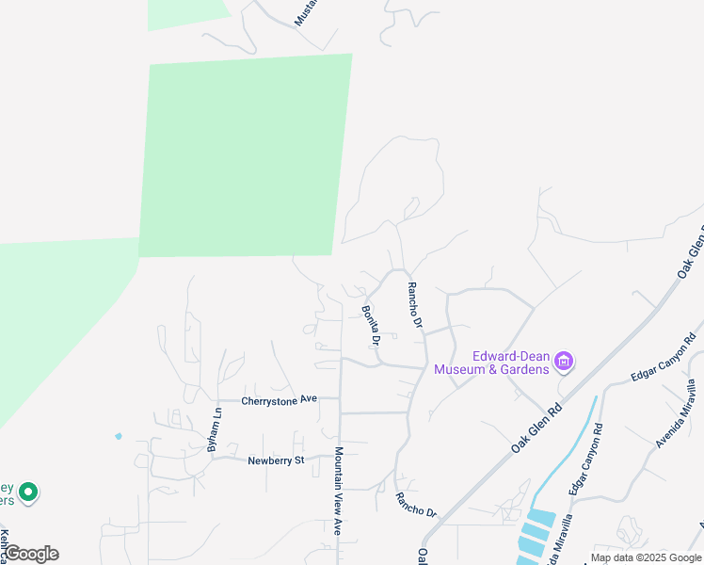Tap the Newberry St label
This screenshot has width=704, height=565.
pos(277,460)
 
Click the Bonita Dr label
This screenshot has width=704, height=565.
pos(370,324)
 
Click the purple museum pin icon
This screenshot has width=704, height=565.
pos(565,361)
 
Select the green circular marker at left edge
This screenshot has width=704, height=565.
pos(28,492)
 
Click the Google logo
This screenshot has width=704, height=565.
pos(31,554)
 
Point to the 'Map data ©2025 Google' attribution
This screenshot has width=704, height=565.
pos(647,557)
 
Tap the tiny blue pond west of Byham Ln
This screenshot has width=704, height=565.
pos(118,436)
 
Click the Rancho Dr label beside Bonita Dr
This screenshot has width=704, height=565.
pos(415,306)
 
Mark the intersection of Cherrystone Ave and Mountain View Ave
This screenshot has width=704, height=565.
pos(339,398)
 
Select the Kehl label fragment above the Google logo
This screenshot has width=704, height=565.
pos(5,544)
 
